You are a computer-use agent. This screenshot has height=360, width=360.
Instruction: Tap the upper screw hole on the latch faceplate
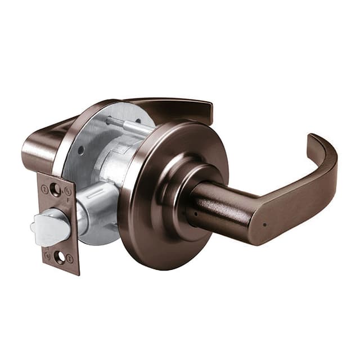55,189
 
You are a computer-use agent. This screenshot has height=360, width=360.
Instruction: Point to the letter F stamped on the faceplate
68,199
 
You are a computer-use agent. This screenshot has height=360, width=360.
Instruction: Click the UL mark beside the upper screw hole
67,190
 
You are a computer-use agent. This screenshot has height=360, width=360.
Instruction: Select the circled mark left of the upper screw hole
44,188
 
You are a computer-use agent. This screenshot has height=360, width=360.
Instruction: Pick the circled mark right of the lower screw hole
70,258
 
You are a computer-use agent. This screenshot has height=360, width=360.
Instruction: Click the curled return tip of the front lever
315,143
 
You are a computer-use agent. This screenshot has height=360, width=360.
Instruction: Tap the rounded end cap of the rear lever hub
31,152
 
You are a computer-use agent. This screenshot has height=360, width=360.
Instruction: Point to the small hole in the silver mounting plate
83,151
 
